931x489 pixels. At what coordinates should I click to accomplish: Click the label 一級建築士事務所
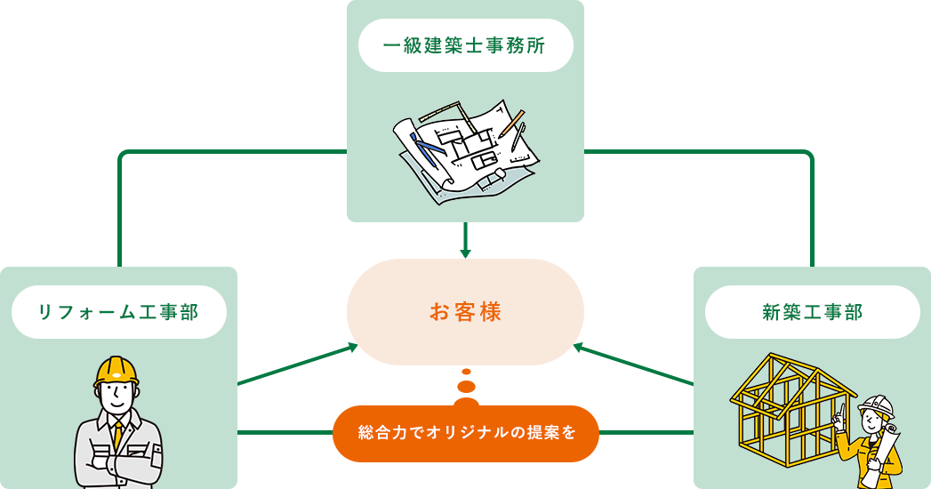click(465, 45)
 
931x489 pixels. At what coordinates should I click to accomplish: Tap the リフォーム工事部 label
click(118, 312)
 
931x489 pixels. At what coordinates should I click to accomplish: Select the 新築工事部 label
click(812, 312)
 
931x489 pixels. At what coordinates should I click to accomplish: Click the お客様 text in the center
click(465, 312)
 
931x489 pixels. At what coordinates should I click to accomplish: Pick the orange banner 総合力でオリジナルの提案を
click(465, 433)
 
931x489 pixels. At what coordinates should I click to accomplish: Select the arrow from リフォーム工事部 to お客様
click(347, 350)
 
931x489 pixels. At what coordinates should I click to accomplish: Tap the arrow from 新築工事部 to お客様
click(583, 349)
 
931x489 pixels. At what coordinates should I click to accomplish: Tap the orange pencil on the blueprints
click(512, 123)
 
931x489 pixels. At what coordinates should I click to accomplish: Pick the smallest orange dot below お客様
click(465, 372)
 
